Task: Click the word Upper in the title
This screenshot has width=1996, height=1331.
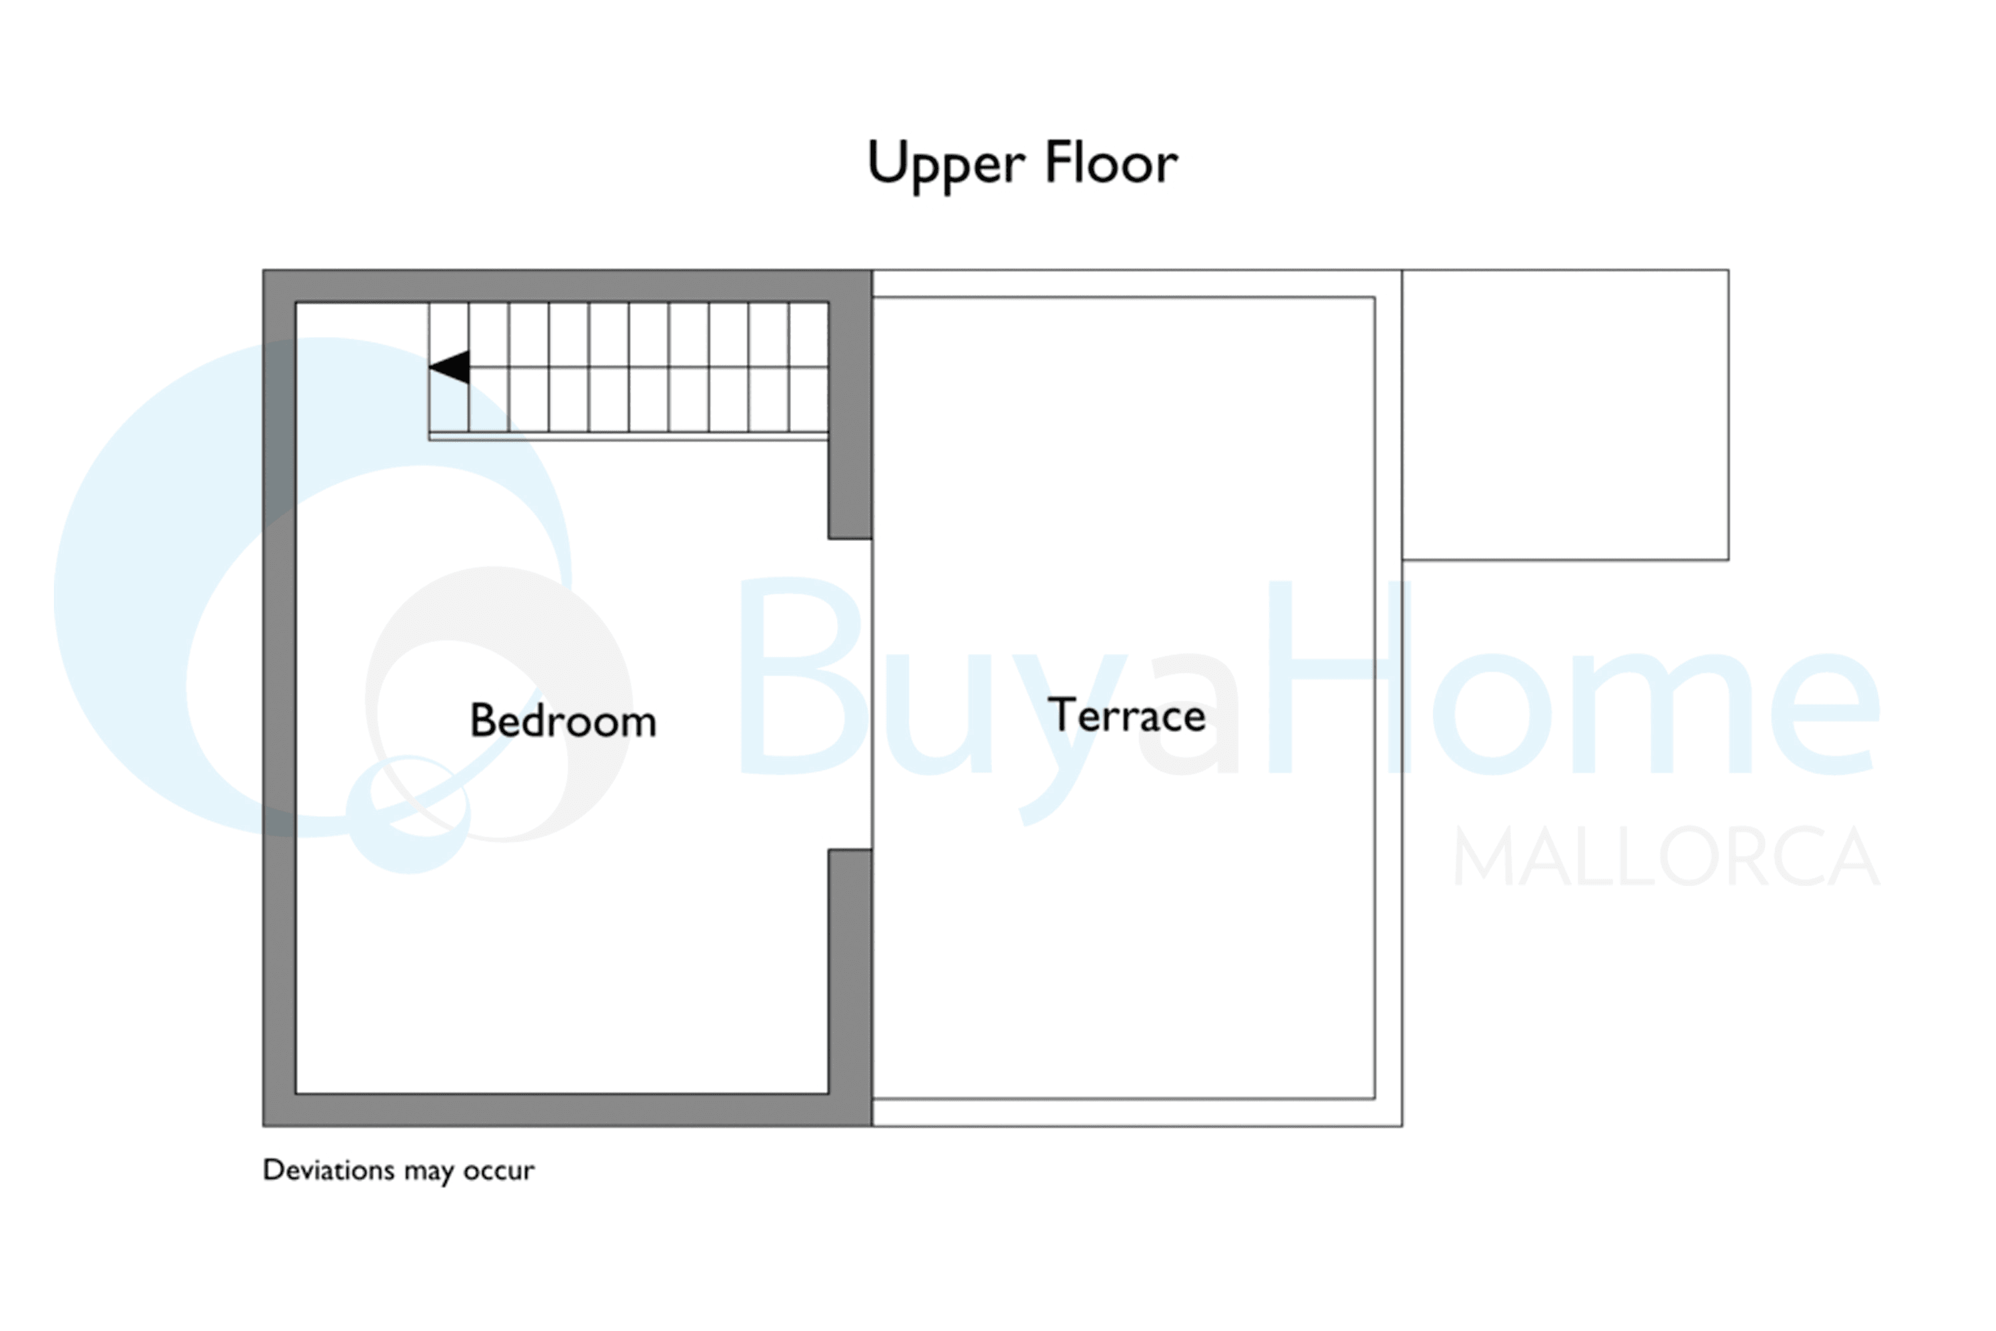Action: click(x=945, y=166)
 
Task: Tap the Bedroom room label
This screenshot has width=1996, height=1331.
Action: click(x=564, y=721)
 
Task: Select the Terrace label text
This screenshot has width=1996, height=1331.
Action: click(x=1127, y=715)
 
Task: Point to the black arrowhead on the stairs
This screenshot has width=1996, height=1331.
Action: click(x=449, y=367)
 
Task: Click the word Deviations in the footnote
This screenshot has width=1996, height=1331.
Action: click(x=329, y=1170)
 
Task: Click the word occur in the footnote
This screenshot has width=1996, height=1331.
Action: click(x=499, y=1171)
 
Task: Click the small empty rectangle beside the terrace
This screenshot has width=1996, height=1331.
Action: click(x=1565, y=415)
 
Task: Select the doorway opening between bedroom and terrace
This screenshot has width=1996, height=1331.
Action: click(x=850, y=694)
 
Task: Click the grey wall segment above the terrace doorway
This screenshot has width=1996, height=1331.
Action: click(x=850, y=420)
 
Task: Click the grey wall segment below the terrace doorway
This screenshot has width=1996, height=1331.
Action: click(x=850, y=972)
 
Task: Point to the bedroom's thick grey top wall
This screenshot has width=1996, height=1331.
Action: click(x=567, y=286)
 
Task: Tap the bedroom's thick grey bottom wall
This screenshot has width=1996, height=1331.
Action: click(x=567, y=1110)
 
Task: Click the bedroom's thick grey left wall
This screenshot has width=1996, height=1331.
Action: click(x=279, y=697)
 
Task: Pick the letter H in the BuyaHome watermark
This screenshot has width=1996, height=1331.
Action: click(x=1340, y=677)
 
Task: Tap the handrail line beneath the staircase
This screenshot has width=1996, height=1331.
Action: click(x=629, y=437)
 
